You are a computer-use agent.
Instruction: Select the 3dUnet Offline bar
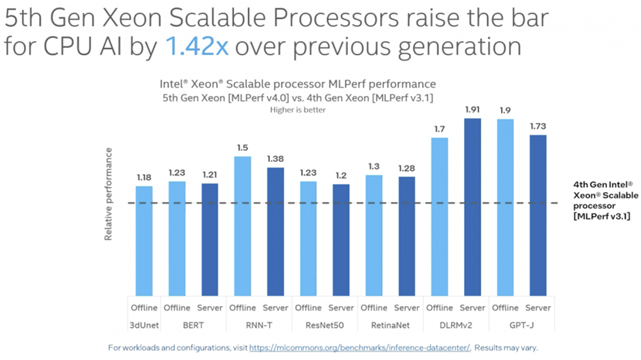click(144, 240)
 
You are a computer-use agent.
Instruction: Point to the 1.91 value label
click(472, 109)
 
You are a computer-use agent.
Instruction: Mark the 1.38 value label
click(275, 158)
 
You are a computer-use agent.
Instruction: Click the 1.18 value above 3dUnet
click(144, 177)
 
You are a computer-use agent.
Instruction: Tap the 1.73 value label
click(538, 126)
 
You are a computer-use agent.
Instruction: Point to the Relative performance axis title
click(108, 195)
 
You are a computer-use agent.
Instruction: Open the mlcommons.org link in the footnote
click(360, 348)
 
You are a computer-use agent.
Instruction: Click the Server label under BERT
click(210, 307)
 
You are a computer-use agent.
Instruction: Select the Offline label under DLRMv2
click(440, 307)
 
